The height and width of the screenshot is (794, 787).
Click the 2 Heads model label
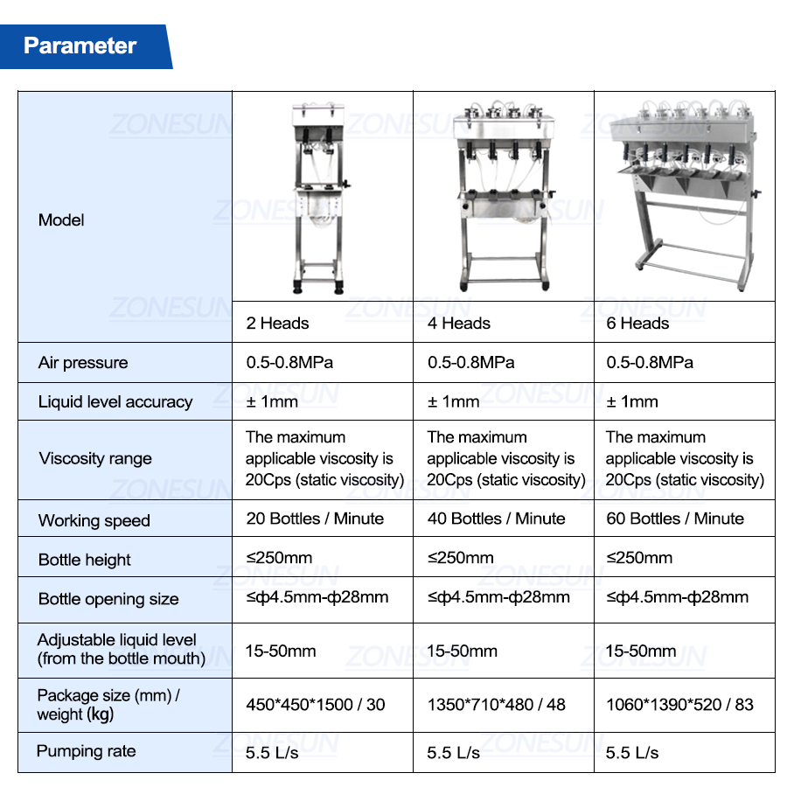277,323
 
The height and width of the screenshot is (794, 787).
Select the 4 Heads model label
459,323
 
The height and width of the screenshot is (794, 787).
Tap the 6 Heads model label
637,323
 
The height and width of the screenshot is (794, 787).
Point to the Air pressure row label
83,363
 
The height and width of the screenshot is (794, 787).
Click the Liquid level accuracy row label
115,402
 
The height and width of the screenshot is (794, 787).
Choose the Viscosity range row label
95,459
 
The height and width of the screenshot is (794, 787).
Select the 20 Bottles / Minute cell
315,519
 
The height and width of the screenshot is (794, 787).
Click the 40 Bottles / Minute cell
496,519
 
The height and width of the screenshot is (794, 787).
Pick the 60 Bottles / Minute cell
674,519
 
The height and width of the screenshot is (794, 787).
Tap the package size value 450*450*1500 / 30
316,705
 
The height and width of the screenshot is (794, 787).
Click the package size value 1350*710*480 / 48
497,705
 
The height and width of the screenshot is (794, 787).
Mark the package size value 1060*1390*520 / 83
679,705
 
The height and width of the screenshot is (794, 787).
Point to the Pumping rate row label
86,751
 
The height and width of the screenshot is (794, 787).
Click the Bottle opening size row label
108,599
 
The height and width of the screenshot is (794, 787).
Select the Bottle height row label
85,560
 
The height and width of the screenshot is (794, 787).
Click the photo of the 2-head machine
320,198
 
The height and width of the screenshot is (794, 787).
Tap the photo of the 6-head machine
686,195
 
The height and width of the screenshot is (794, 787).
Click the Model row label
61,220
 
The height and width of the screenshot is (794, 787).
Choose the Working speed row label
94,520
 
